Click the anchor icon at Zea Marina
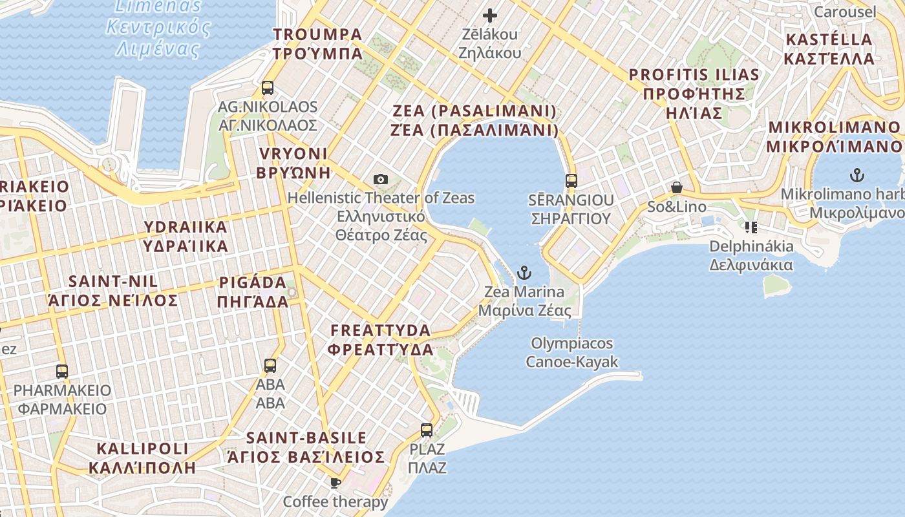pyautogui.click(x=524, y=272)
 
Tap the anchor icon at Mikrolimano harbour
pyautogui.click(x=857, y=174)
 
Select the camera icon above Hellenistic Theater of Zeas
pyautogui.click(x=381, y=179)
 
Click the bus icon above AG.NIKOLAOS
pyautogui.click(x=268, y=88)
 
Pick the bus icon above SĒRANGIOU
pyautogui.click(x=571, y=180)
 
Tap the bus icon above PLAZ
pyautogui.click(x=427, y=430)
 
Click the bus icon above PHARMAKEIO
pyautogui.click(x=62, y=372)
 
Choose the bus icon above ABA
pyautogui.click(x=270, y=366)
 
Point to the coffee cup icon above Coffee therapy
pyautogui.click(x=335, y=482)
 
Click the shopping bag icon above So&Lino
pyautogui.click(x=676, y=188)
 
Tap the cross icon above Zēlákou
pyautogui.click(x=490, y=15)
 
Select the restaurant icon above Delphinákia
pyautogui.click(x=751, y=227)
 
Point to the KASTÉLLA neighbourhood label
pyautogui.click(x=829, y=48)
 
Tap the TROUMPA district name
pyautogui.click(x=317, y=43)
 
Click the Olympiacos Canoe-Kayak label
pyautogui.click(x=571, y=352)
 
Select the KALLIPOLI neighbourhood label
pyautogui.click(x=142, y=458)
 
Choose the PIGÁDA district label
pyautogui.click(x=253, y=292)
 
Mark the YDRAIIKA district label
pyautogui.click(x=186, y=237)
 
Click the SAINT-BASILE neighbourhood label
pyautogui.click(x=306, y=447)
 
